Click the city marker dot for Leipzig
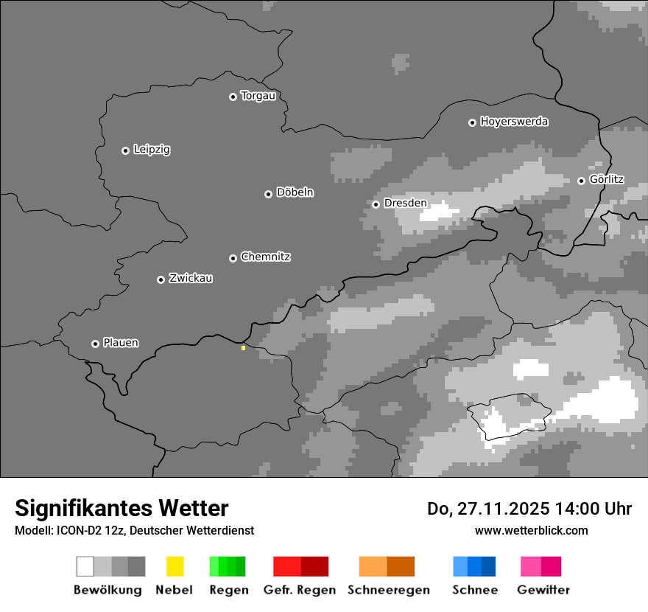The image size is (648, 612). point(125,150)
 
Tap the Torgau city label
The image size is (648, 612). point(258,96)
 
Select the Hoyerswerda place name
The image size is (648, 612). point(514,122)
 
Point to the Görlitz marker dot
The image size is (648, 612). point(581,181)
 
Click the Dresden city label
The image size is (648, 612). point(405,204)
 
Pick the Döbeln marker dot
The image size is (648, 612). point(268,194)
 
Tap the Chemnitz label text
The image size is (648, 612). point(265,257)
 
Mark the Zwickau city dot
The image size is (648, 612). point(161,279)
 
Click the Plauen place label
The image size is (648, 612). point(121,343)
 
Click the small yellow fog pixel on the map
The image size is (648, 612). point(243,347)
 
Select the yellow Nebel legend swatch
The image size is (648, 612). point(175,566)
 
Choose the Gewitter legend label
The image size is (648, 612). point(543,590)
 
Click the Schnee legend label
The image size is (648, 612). point(475,590)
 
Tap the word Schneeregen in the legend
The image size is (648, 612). point(389,590)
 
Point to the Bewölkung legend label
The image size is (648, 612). point(108,590)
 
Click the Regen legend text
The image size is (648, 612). point(228,590)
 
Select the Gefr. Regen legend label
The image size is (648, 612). point(300,590)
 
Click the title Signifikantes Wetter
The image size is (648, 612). point(121,508)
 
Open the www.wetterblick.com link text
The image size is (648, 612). point(532,530)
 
